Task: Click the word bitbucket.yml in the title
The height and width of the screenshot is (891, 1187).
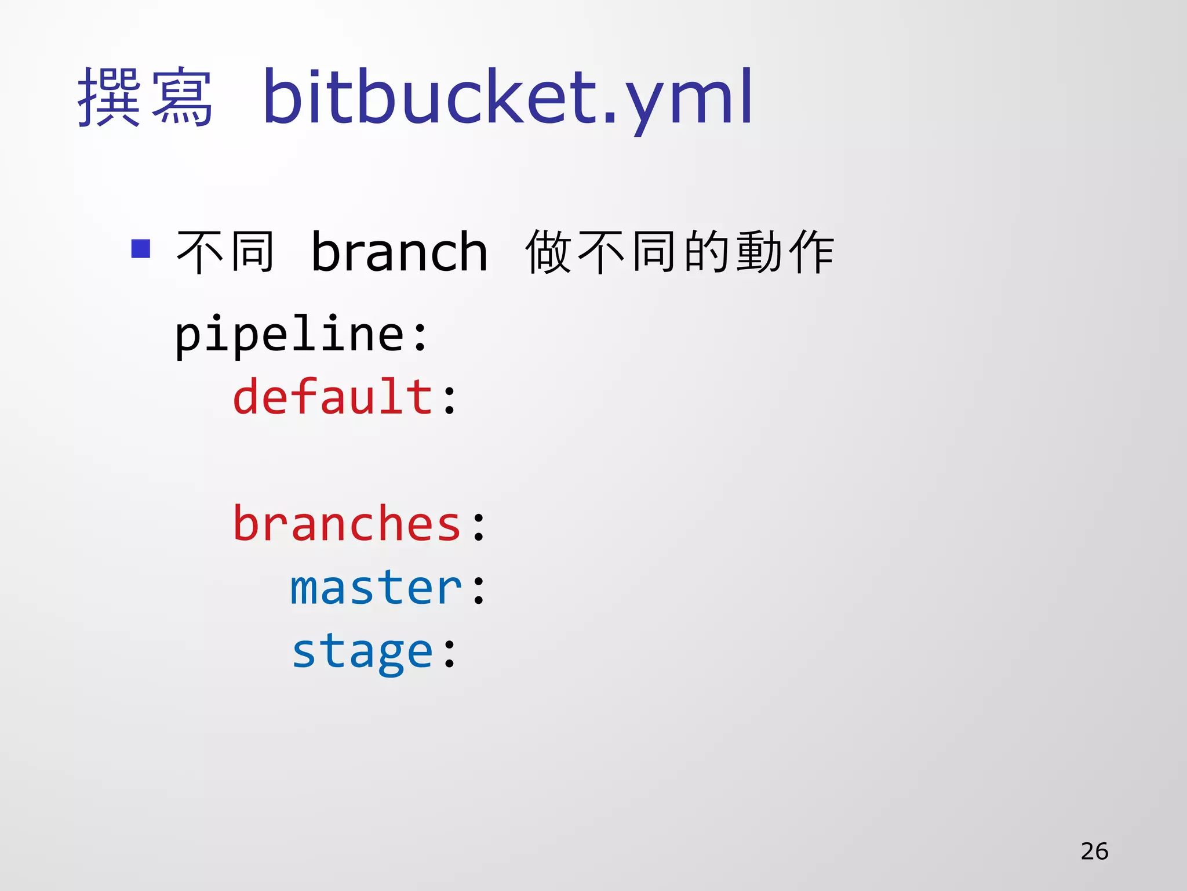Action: click(x=508, y=97)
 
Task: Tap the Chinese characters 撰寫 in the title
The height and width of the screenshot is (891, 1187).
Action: click(x=145, y=97)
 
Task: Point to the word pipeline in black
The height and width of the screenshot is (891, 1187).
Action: click(x=290, y=335)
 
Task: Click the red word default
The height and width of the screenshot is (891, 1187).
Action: click(x=333, y=397)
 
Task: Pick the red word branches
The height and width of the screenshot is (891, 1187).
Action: click(x=347, y=524)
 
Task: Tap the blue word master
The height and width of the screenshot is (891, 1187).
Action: click(x=376, y=588)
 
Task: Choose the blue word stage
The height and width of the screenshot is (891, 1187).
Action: click(x=362, y=652)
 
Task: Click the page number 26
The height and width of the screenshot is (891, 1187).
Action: click(x=1094, y=851)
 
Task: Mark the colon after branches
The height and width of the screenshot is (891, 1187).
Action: click(x=479, y=527)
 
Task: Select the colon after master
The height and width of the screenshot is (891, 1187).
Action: click(x=479, y=591)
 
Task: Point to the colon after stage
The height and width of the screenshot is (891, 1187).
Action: click(x=450, y=653)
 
